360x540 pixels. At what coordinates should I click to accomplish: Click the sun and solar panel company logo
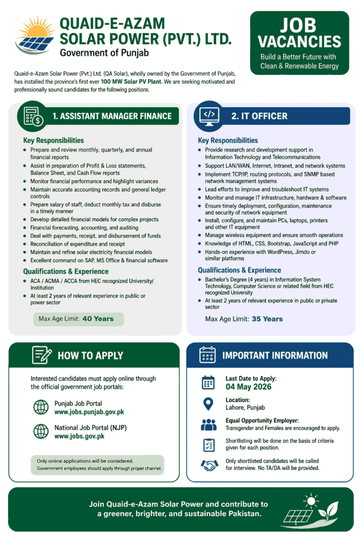(x=34, y=36)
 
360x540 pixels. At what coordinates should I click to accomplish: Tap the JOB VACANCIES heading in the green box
(x=299, y=33)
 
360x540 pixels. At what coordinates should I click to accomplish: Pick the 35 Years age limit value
(x=267, y=319)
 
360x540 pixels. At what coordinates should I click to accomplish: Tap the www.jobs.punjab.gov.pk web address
(x=89, y=412)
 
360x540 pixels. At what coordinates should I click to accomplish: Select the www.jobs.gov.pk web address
(x=79, y=436)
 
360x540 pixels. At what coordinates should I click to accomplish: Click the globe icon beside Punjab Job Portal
(x=41, y=407)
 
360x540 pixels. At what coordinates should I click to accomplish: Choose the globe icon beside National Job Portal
(x=41, y=431)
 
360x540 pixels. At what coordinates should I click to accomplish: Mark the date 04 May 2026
(x=248, y=387)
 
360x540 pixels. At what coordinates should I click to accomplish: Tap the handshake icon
(x=209, y=465)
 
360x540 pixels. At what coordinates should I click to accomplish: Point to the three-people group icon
(x=209, y=425)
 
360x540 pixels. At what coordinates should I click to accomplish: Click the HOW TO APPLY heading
(x=90, y=355)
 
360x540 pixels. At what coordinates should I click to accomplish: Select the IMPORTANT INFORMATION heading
(x=275, y=355)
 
